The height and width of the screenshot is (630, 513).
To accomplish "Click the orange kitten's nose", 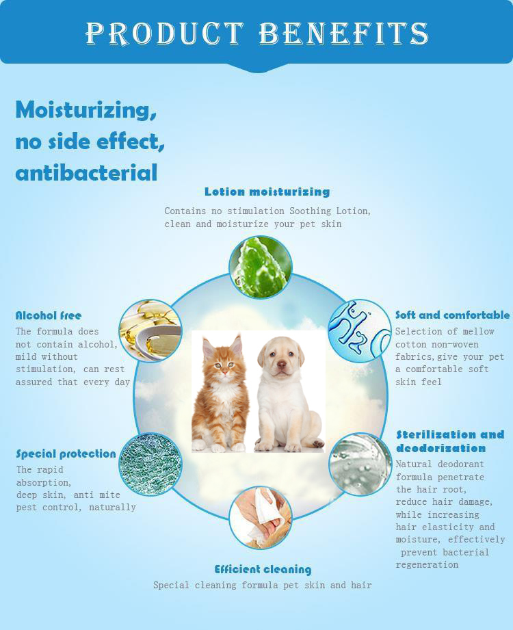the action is pyautogui.click(x=224, y=372).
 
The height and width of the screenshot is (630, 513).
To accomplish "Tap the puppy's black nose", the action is pyautogui.click(x=282, y=365).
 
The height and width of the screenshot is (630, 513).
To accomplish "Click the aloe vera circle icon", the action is pyautogui.click(x=261, y=267).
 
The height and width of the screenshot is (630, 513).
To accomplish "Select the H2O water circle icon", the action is pyautogui.click(x=360, y=330).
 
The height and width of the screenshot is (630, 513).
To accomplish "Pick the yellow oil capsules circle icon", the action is pyautogui.click(x=150, y=330).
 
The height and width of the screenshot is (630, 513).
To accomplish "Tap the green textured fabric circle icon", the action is pyautogui.click(x=150, y=464).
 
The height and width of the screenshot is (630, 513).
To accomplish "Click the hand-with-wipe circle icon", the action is pyautogui.click(x=261, y=518).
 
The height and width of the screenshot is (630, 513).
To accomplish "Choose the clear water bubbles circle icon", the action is pyautogui.click(x=360, y=464).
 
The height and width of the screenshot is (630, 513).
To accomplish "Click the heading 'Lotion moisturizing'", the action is pyautogui.click(x=267, y=192).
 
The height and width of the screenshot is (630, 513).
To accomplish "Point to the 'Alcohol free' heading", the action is pyautogui.click(x=49, y=315).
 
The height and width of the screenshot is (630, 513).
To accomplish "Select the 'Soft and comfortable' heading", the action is pyautogui.click(x=452, y=315).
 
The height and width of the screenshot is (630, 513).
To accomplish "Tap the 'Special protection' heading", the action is pyautogui.click(x=66, y=454).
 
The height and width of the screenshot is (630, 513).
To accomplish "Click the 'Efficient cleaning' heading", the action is pyautogui.click(x=263, y=569).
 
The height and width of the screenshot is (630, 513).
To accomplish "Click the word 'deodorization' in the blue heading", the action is pyautogui.click(x=440, y=448).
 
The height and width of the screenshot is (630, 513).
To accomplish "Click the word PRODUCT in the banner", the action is pyautogui.click(x=165, y=33).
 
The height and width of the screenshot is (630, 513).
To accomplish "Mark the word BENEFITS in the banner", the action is pyautogui.click(x=344, y=33).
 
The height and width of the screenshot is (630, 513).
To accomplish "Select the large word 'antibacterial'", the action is pyautogui.click(x=86, y=173).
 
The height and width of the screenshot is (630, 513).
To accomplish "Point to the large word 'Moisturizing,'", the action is pyautogui.click(x=86, y=109).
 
